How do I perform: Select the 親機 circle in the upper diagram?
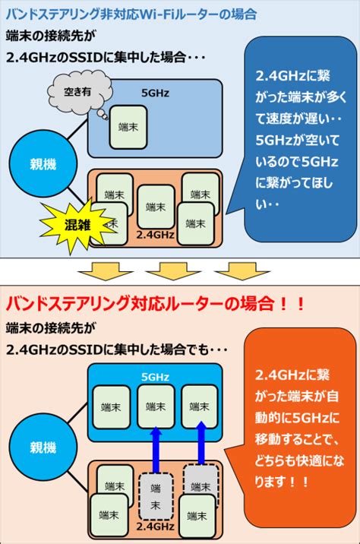[x=43, y=164]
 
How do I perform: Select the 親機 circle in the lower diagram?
[x=43, y=447]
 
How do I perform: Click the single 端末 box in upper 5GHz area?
[x=128, y=128]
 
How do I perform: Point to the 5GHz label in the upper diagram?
[x=155, y=93]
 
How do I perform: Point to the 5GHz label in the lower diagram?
[x=155, y=377]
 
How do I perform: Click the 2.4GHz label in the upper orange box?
[x=155, y=235]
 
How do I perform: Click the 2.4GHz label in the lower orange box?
[x=155, y=527]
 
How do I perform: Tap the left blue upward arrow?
[x=156, y=449]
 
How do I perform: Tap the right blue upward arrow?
[x=201, y=442]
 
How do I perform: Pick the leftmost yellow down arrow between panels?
[x=106, y=270]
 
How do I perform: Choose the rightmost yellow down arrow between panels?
[x=242, y=270]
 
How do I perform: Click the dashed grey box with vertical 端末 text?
[x=156, y=496]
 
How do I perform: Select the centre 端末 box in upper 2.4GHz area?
[x=156, y=207]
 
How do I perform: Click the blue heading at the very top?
[x=131, y=14]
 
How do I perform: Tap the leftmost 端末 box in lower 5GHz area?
[x=111, y=407]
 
